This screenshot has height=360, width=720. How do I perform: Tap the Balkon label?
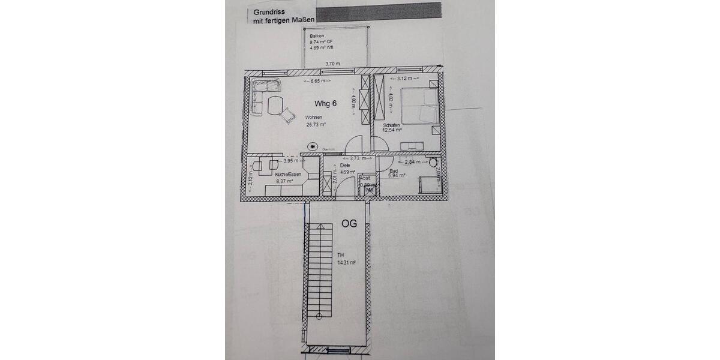pyautogui.click(x=316, y=36)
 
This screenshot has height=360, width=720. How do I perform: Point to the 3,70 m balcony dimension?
pyautogui.click(x=332, y=64)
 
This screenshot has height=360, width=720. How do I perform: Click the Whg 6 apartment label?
pyautogui.click(x=325, y=103)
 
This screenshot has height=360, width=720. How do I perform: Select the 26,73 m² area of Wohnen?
pyautogui.click(x=315, y=125)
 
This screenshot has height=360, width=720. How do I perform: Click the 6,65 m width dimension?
pyautogui.click(x=318, y=80)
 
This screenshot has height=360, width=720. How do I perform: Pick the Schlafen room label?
pyautogui.click(x=392, y=124)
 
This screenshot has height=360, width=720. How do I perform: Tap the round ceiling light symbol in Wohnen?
pyautogui.click(x=312, y=146)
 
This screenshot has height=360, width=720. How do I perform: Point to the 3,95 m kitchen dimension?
pyautogui.click(x=274, y=161)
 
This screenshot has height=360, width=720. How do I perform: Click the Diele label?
pyautogui.click(x=344, y=166)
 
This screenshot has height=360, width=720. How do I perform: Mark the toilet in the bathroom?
pyautogui.click(x=434, y=162)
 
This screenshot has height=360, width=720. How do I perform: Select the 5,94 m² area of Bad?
pyautogui.click(x=397, y=176)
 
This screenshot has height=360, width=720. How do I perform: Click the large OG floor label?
pyautogui.click(x=349, y=223)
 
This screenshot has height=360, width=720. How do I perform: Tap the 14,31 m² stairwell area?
pyautogui.click(x=346, y=262)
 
